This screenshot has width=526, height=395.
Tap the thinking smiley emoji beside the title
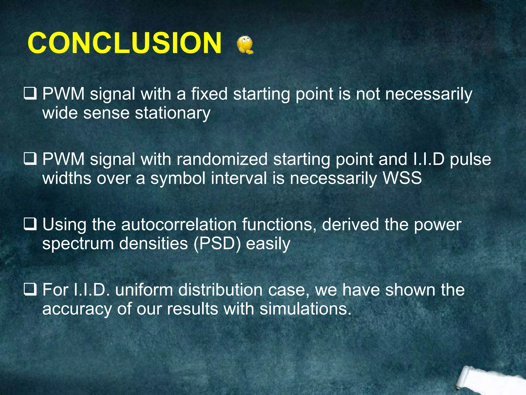tap(245, 45)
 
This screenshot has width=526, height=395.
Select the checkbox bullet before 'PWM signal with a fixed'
tap(30, 94)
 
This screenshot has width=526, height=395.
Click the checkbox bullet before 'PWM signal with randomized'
tap(30, 159)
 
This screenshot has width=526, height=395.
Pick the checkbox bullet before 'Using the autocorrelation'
tap(30, 225)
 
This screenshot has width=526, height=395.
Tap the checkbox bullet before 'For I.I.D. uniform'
tap(30, 290)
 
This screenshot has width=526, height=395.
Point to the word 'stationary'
tap(173, 113)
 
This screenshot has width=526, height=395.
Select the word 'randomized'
tap(222, 159)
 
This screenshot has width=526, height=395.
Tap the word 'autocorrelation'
tap(179, 225)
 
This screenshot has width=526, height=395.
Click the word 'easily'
tap(268, 244)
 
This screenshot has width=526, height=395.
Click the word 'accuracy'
tap(77, 309)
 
